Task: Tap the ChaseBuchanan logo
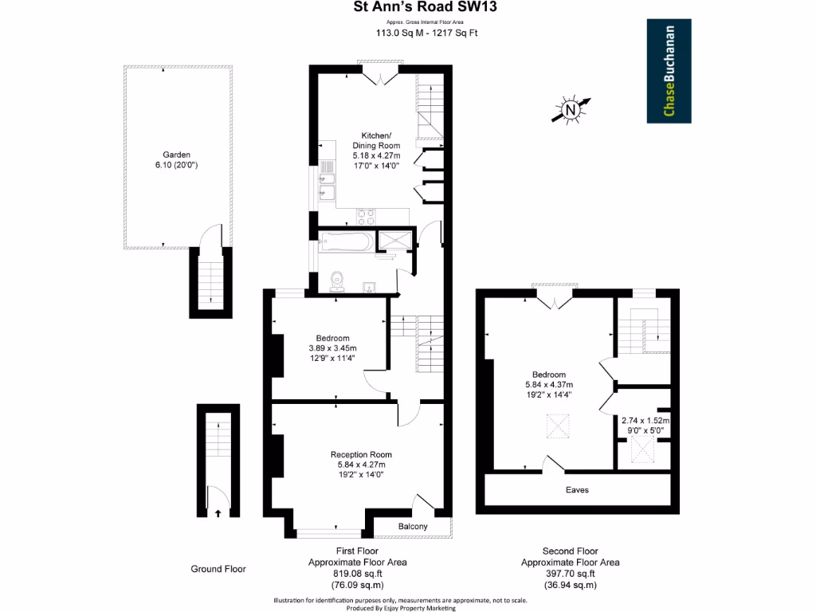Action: tap(668, 71)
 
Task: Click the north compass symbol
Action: tap(571, 111)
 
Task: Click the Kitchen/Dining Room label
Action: tap(376, 140)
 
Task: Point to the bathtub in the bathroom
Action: tap(346, 241)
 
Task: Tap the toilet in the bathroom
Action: tap(338, 280)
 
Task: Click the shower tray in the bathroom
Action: tap(395, 239)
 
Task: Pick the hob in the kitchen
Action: tap(366, 215)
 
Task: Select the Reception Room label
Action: tap(361, 455)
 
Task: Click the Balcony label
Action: tap(413, 527)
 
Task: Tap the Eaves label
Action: tap(577, 490)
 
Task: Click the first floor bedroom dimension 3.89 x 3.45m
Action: tap(332, 348)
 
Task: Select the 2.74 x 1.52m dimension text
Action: tap(645, 421)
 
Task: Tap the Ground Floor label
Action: tap(218, 569)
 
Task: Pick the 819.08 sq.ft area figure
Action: tap(358, 573)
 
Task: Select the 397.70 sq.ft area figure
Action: tap(571, 573)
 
